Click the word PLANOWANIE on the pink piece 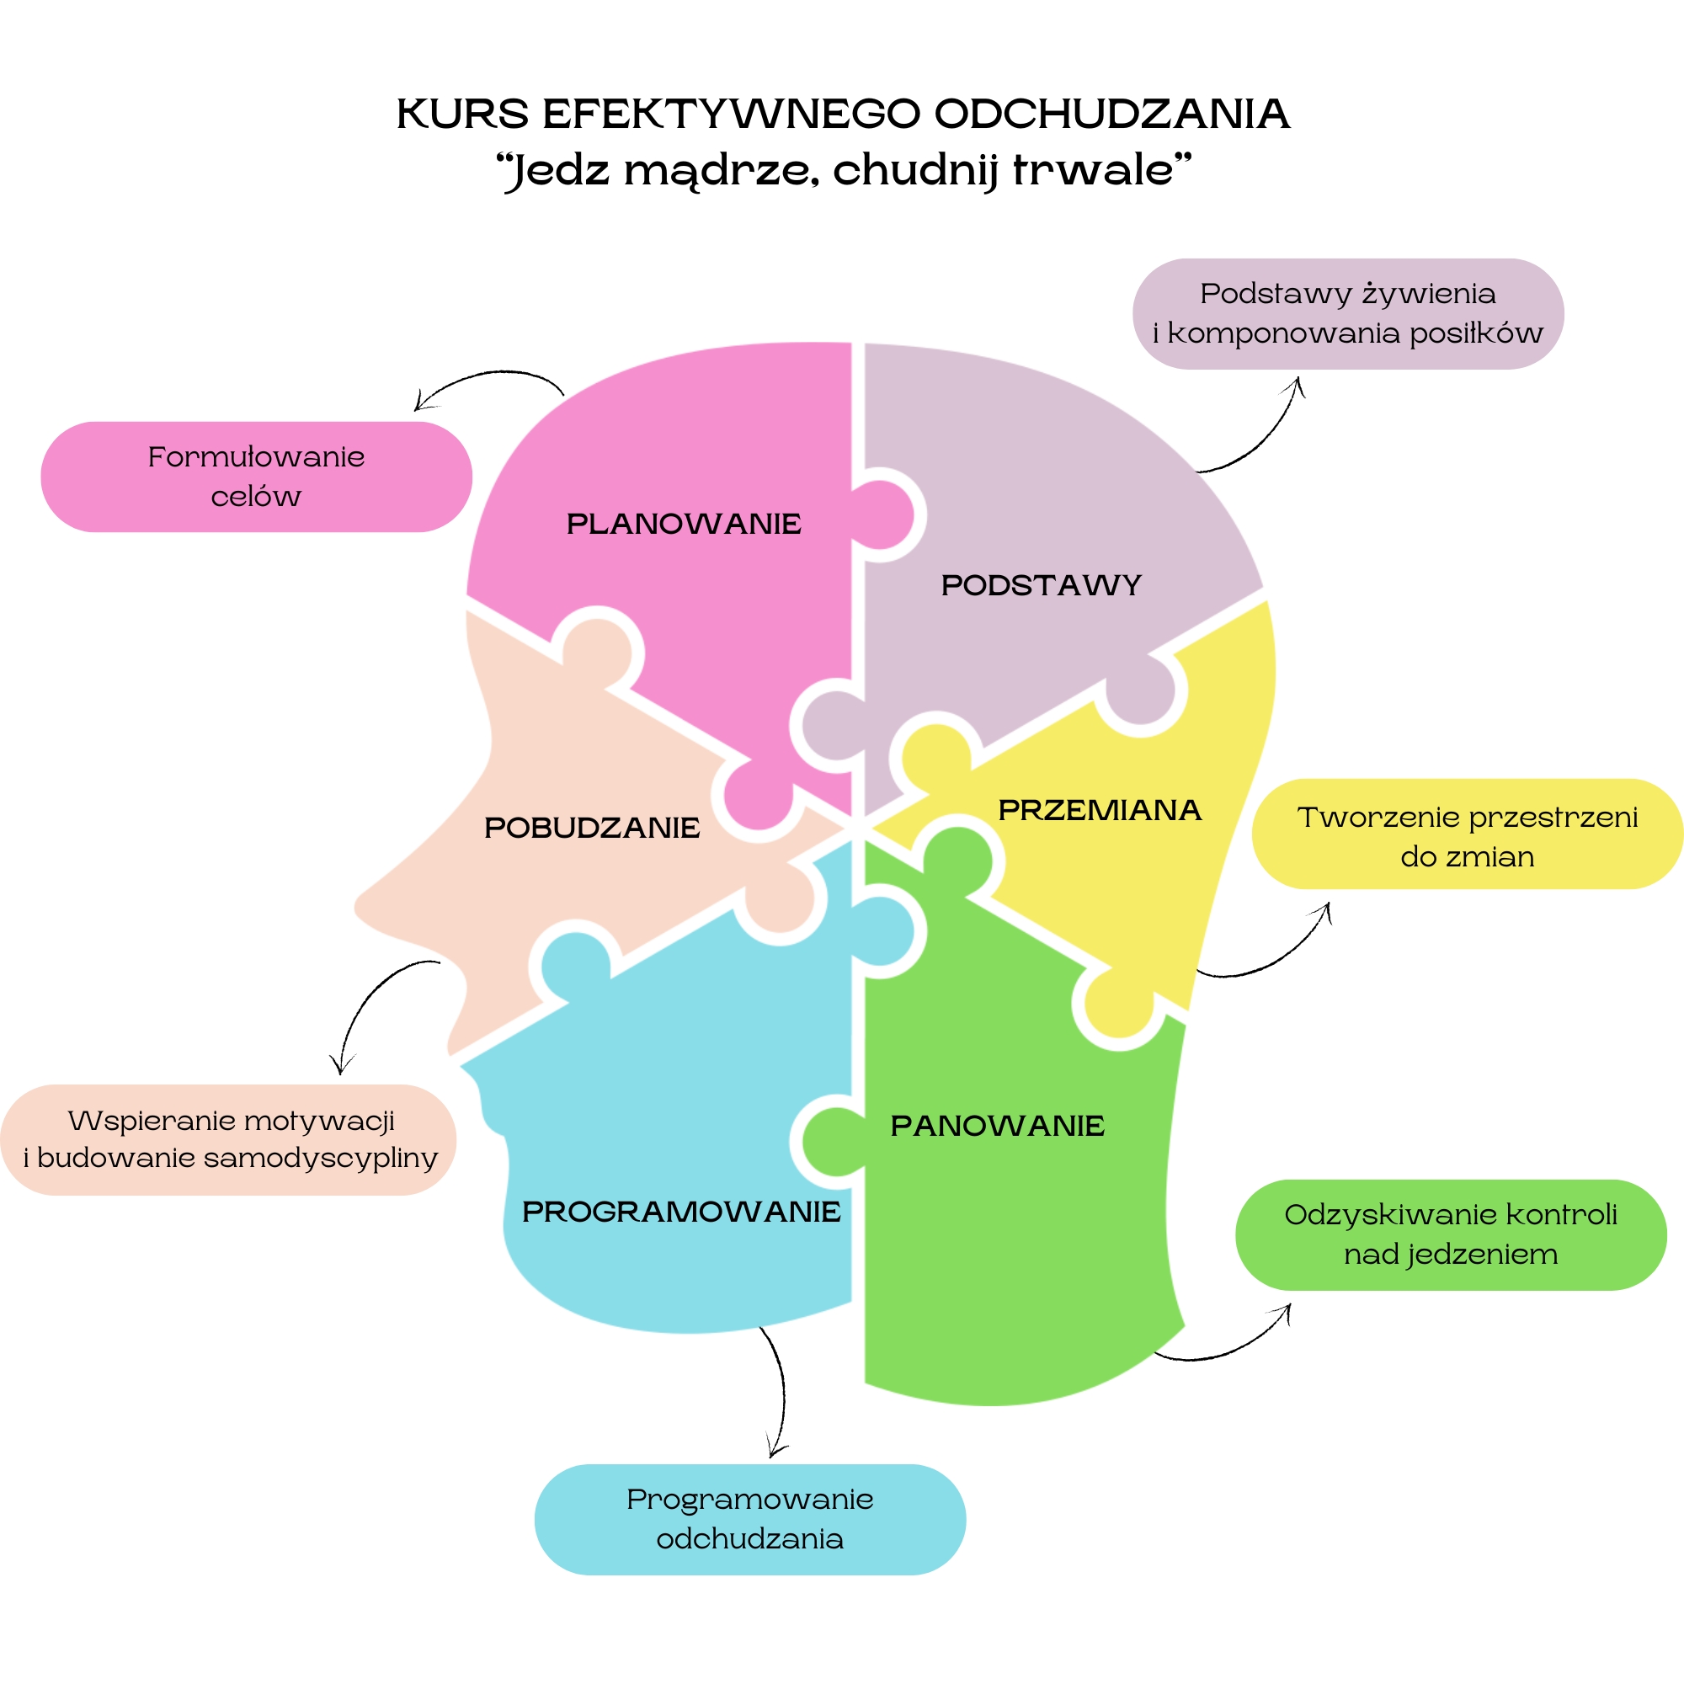coord(684,524)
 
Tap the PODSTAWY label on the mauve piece coord(1041,585)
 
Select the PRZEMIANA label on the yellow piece coord(1099,810)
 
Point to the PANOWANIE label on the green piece coord(997,1125)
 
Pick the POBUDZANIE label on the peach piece coord(592,827)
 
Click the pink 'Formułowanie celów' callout coord(256,477)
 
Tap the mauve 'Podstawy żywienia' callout coord(1347,313)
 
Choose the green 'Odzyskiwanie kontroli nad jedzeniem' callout coord(1451,1234)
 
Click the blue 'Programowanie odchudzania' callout coord(749,1519)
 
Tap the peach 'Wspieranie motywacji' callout coord(228,1139)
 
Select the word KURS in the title coord(463,115)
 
